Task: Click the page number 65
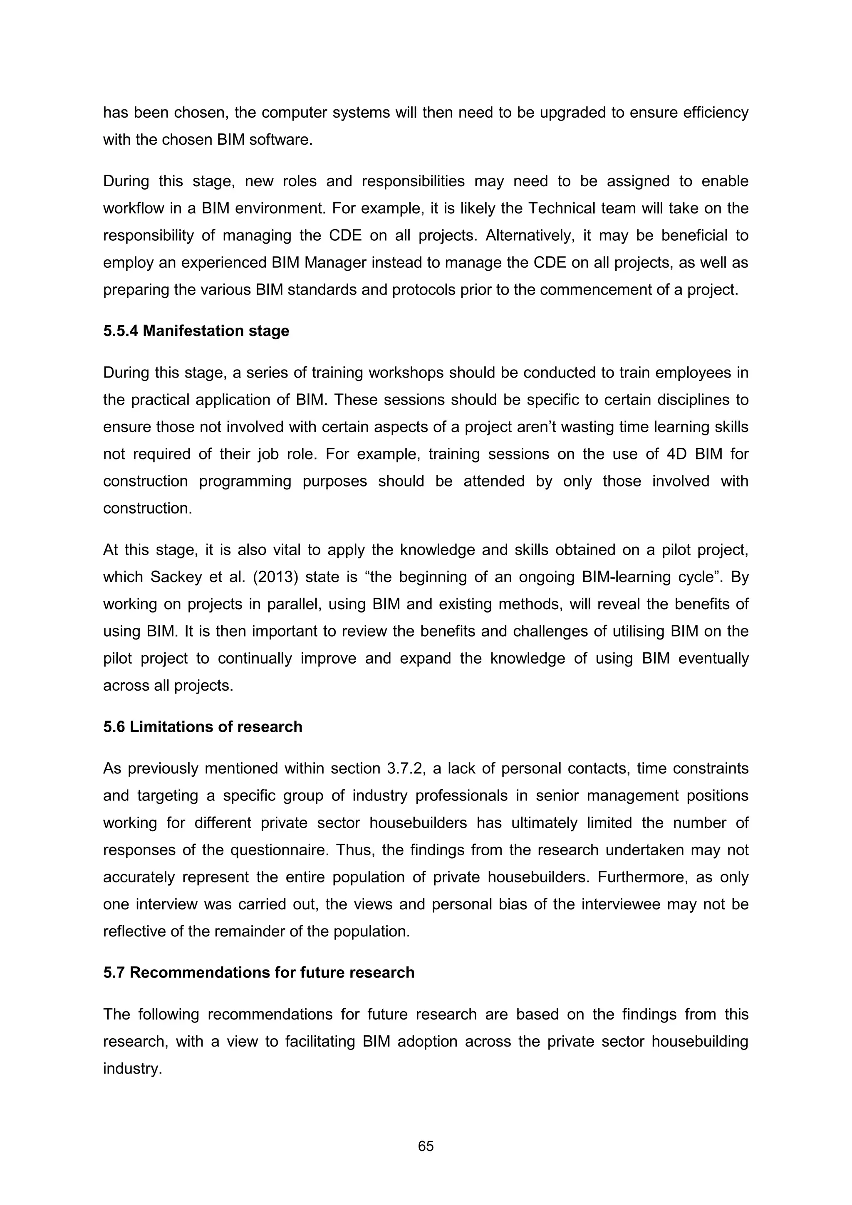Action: (x=426, y=1146)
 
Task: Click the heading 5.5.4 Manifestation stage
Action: (x=196, y=331)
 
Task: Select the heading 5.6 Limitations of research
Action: (x=203, y=726)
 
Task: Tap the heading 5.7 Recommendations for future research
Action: (x=259, y=973)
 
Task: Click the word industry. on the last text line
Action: (x=132, y=1069)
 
